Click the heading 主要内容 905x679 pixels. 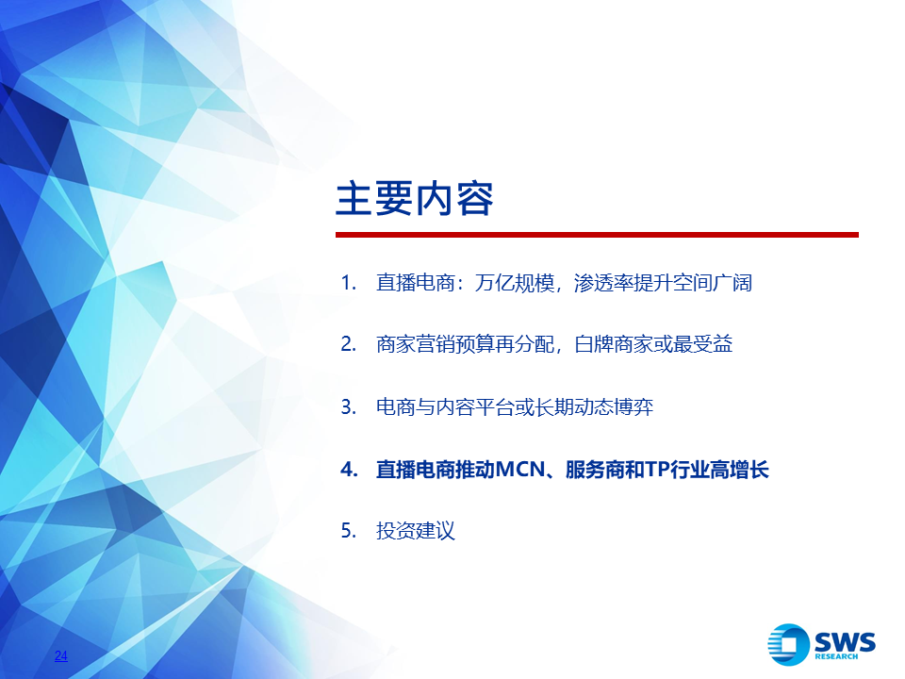tap(415, 199)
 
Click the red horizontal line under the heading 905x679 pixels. tap(597, 235)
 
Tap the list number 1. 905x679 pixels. tap(349, 283)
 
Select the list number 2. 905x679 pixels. tap(349, 344)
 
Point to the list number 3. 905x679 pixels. tap(349, 407)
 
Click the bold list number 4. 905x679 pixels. tap(349, 469)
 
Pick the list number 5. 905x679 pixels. tap(349, 530)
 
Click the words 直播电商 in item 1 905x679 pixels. tap(416, 283)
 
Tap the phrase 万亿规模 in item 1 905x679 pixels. tap(515, 283)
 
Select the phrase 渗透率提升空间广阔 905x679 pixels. tap(663, 283)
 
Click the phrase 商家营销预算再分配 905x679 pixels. tap(465, 344)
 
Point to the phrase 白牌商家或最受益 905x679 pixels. tap(653, 344)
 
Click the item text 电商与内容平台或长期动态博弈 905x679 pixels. tap(515, 407)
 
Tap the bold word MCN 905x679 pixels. tap(520, 469)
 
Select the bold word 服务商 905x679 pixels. tap(595, 469)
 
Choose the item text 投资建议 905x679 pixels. tap(416, 530)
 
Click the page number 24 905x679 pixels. tap(61, 655)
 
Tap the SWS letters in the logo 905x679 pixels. tap(845, 641)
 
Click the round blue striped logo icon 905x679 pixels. tap(788, 644)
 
